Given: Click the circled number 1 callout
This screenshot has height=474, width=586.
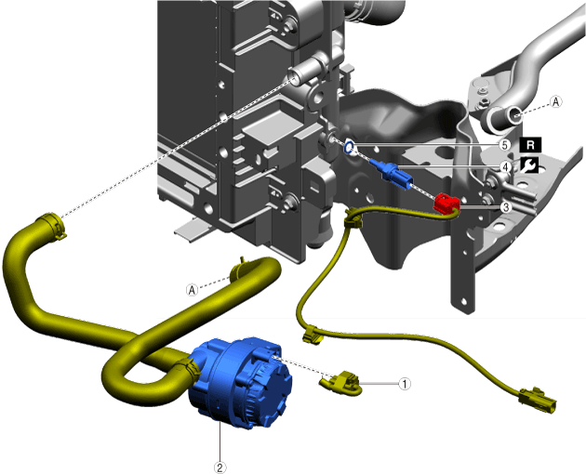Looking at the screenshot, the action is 405,384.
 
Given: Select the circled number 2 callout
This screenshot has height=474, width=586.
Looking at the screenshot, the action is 220,467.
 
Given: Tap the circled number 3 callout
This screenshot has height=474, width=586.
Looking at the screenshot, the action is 506,207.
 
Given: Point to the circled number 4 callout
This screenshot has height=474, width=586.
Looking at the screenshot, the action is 506,166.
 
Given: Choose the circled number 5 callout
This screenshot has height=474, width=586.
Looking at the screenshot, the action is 505,145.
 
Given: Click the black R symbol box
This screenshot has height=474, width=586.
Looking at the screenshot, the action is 530,145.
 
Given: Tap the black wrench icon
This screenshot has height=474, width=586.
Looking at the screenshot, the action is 529,165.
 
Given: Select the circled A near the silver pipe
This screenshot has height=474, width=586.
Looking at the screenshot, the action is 556,101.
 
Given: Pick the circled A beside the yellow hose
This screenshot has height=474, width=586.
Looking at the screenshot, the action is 193,289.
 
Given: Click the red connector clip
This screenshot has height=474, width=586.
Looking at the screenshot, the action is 446,204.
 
